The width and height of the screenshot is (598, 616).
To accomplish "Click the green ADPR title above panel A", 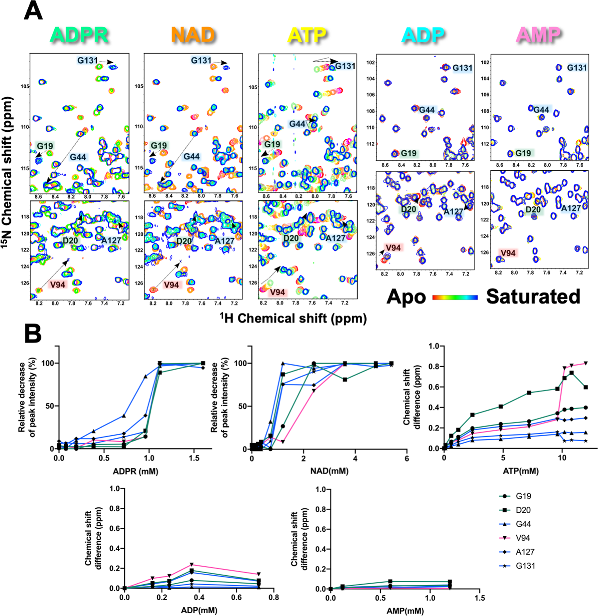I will point(79,35).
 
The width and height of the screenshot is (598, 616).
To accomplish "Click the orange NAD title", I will point(193,35).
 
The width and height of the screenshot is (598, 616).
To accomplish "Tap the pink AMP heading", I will point(539,35).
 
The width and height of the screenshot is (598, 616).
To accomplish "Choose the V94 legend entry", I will point(523,538).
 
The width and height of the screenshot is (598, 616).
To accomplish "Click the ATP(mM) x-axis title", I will point(521,471).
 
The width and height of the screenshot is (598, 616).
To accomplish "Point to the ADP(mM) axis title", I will point(199,611).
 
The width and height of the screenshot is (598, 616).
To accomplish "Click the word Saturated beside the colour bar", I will point(533,297).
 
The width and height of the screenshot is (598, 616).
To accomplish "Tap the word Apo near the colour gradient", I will point(406,297).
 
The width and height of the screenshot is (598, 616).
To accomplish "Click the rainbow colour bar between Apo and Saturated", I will point(455,297).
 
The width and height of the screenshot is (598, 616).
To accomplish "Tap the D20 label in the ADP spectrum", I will point(408,209).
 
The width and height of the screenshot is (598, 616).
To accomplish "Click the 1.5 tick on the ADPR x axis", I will point(194,458).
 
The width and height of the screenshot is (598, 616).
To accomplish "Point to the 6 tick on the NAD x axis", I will point(407,459).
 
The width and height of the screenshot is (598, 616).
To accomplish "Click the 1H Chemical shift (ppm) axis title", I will point(293,319).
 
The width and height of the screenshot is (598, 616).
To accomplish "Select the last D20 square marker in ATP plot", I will point(586,387).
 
